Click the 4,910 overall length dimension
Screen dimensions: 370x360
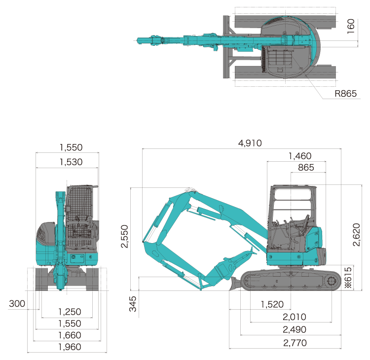250,143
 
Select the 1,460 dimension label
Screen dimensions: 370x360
300,156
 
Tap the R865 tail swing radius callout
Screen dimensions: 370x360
346,94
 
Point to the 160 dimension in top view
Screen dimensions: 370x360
351,26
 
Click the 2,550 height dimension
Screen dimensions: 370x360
124,236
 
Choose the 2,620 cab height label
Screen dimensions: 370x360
356,235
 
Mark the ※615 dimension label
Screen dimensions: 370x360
348,278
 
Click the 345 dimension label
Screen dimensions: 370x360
133,304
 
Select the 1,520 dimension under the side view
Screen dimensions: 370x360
272,304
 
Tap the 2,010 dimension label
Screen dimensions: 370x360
295,317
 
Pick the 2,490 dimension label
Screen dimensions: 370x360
295,329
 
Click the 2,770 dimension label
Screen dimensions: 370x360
295,343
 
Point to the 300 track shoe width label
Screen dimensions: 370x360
17,304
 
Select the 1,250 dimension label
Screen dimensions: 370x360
70,312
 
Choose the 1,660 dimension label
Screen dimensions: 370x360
70,335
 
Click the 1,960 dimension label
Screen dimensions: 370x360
70,347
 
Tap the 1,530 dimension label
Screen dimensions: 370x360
71,162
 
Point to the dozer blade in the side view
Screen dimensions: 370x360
235,284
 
